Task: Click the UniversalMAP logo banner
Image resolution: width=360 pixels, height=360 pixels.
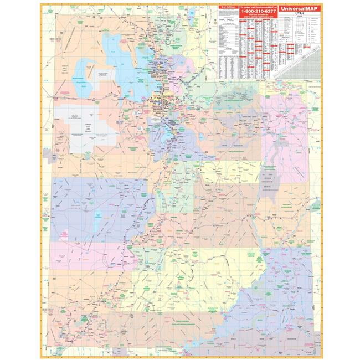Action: [299, 8]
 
